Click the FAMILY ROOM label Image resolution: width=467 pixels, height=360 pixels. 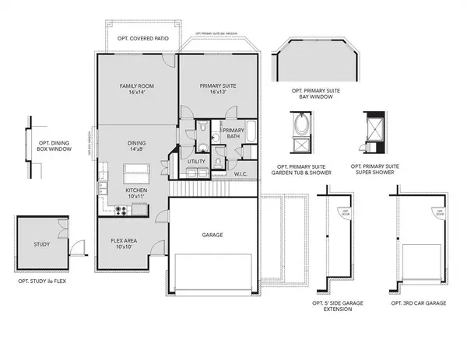[x=134, y=89]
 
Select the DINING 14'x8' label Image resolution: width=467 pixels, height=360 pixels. [x=137, y=148]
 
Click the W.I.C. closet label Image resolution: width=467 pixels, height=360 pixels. [x=241, y=174]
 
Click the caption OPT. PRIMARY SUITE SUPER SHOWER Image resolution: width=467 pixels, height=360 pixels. [x=375, y=169]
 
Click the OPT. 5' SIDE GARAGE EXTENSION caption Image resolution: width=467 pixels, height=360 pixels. [x=342, y=305]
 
